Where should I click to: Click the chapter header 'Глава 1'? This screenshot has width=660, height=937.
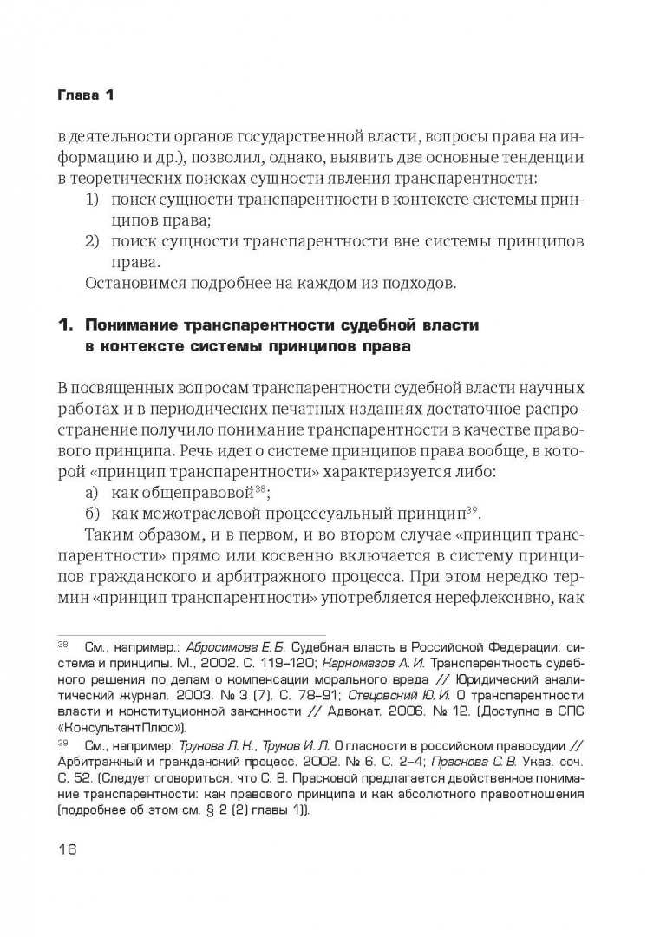[85, 95]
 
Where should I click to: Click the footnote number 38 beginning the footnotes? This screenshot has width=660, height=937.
[62, 646]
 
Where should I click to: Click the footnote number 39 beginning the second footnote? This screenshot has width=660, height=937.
[62, 744]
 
